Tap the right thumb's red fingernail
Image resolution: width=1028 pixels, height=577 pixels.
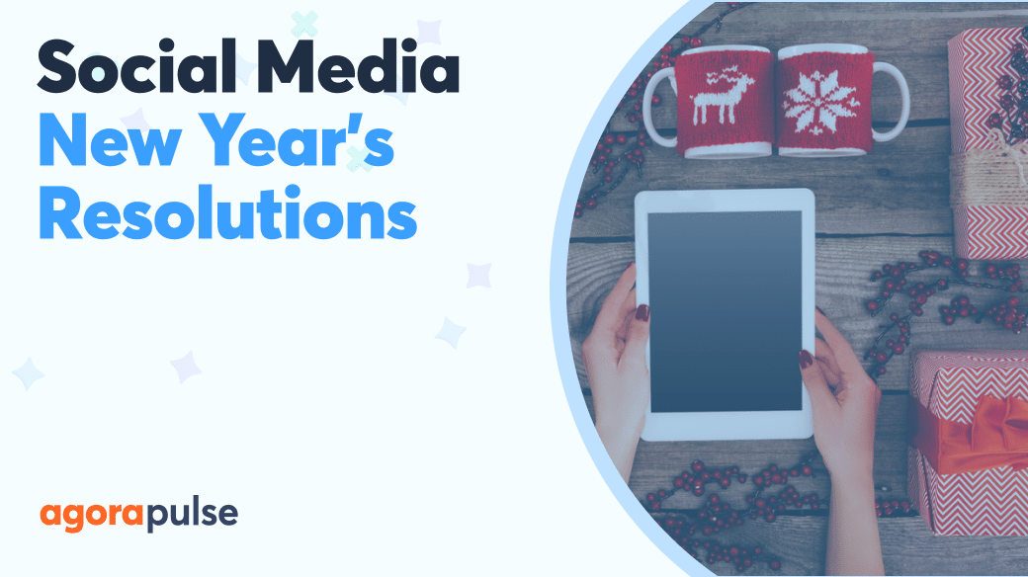[x=806, y=359]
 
